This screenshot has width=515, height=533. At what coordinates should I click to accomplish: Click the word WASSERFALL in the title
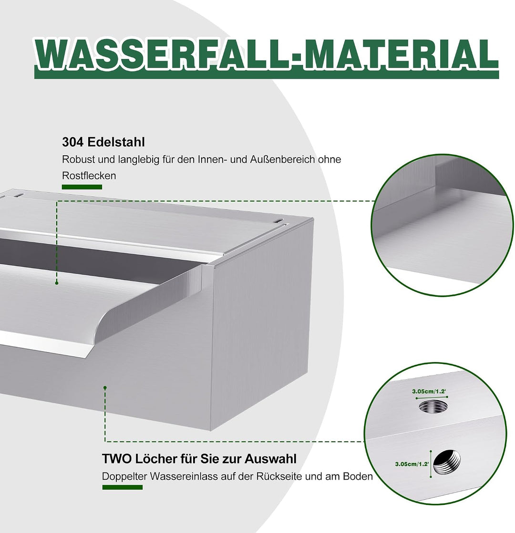tap(161, 55)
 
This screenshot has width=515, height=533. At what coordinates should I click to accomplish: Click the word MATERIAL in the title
tap(400, 55)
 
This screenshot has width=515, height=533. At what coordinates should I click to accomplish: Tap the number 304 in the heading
tap(72, 142)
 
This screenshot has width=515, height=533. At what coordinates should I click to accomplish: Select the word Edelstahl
tap(116, 142)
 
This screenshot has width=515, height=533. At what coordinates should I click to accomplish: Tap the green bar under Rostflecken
tap(82, 187)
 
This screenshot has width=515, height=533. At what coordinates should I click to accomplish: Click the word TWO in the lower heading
tap(117, 459)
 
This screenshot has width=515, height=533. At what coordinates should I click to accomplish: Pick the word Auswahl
tap(270, 459)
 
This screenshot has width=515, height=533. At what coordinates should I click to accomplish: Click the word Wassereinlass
tap(184, 476)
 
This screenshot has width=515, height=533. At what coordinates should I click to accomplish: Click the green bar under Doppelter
tap(123, 487)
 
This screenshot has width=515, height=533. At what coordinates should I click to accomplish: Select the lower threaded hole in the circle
tap(447, 462)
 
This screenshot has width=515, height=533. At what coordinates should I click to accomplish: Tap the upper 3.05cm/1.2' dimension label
tap(429, 391)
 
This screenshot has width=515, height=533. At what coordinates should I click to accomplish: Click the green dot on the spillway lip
tap(56, 283)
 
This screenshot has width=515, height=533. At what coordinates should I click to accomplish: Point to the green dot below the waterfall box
tap(105, 388)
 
